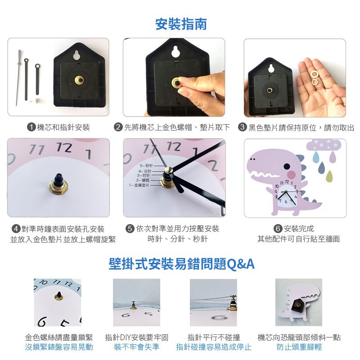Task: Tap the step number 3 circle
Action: click(x=242, y=127)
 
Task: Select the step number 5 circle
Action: click(x=130, y=229)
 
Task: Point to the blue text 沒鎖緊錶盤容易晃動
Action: click(x=59, y=347)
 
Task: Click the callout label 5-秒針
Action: click(x=146, y=166)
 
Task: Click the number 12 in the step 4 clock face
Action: click(x=64, y=147)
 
